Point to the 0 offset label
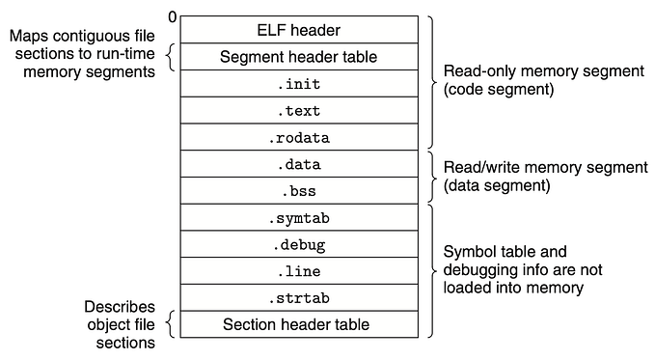[x=172, y=16]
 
